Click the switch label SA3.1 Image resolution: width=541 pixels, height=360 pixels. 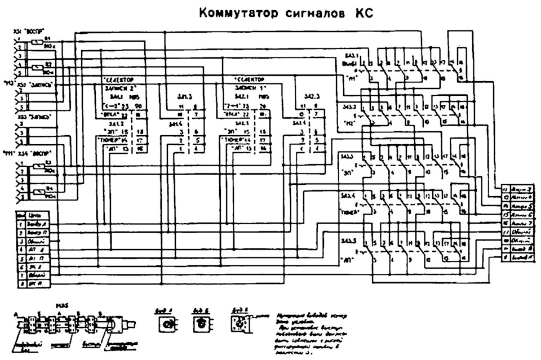click(350, 55)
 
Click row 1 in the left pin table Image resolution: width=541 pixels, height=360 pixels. click(33, 224)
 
